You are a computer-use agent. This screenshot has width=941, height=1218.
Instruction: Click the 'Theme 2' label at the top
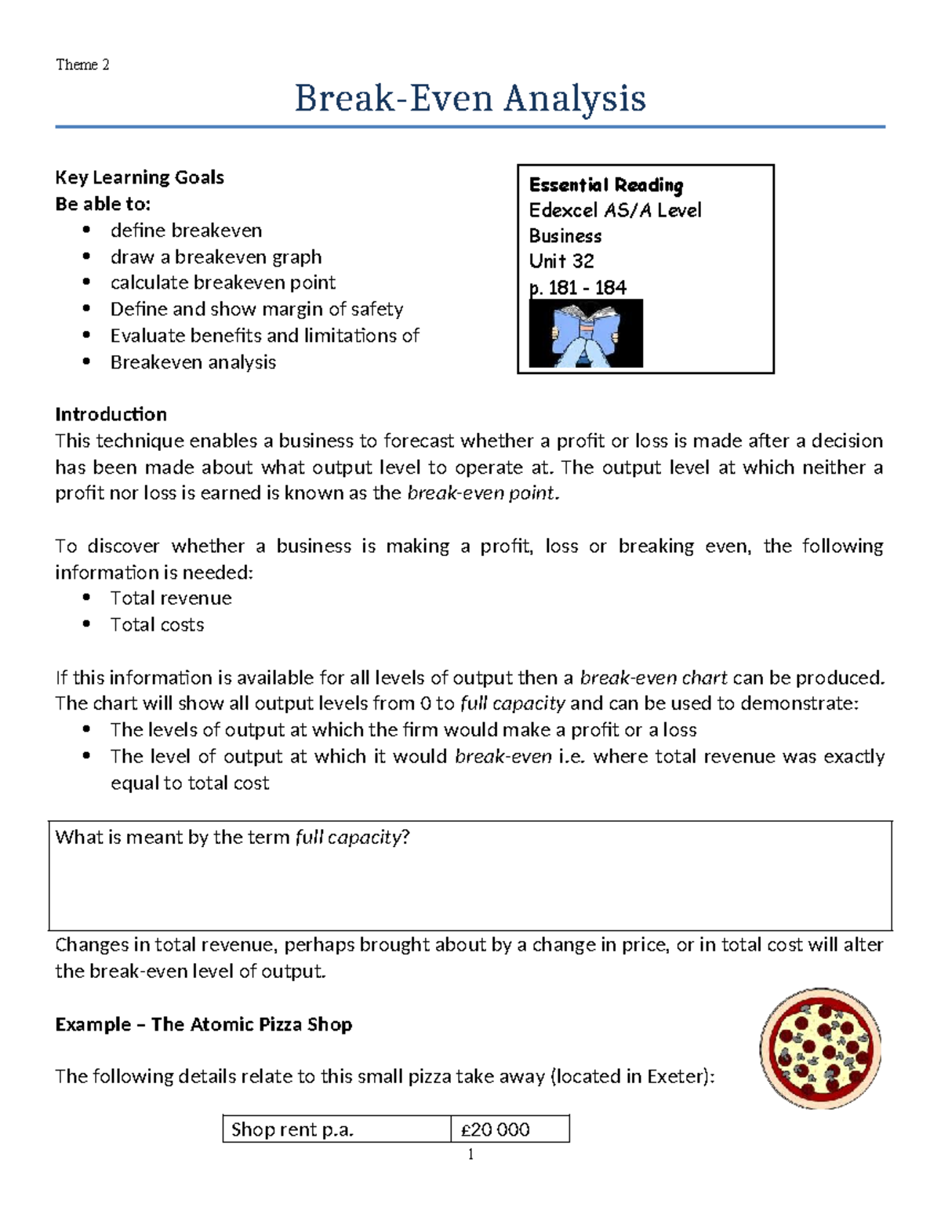coord(82,64)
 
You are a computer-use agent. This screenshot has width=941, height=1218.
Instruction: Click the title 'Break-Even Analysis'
coord(470,99)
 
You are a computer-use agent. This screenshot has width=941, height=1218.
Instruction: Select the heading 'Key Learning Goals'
coord(140,177)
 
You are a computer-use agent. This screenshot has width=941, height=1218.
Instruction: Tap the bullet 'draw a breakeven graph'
coord(216,256)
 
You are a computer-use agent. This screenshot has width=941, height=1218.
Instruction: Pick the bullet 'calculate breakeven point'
coord(223,282)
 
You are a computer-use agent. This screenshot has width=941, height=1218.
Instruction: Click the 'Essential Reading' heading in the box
coord(606,185)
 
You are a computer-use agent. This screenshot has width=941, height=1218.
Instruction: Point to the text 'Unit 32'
coord(561,260)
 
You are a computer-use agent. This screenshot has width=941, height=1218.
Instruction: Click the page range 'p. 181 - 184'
coord(578,287)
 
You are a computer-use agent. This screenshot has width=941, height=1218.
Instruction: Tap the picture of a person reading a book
coord(586,334)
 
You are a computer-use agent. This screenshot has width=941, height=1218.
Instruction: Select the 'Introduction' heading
coord(111,414)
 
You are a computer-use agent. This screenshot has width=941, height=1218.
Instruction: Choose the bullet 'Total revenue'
coord(171,598)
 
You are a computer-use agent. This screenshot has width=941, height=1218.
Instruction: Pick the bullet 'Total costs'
coord(157,624)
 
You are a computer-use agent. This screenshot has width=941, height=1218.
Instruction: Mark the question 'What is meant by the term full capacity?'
coord(233,838)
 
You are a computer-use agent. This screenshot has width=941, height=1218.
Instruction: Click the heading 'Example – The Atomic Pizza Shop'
coord(204,1024)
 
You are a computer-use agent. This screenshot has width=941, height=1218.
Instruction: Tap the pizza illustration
coord(820,1048)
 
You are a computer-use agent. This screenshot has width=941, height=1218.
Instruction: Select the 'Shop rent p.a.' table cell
coord(292,1129)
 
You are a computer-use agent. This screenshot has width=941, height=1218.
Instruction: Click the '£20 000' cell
coord(496,1129)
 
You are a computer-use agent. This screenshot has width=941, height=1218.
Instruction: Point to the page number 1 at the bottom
coord(470,1154)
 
